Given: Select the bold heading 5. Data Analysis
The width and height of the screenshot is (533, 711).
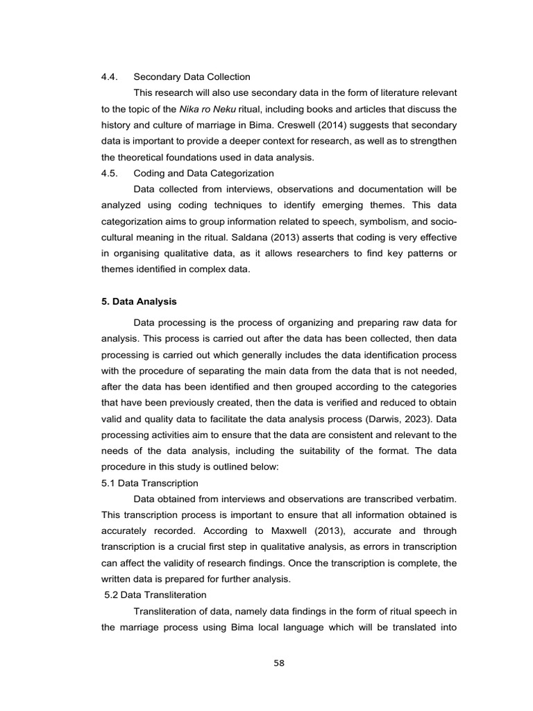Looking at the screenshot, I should tap(139, 301).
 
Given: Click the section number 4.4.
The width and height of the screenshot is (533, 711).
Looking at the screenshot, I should tap(111, 76).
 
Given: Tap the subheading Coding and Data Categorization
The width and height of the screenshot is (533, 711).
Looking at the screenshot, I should tap(203, 173).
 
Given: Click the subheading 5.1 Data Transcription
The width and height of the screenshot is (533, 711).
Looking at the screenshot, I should tap(149, 483).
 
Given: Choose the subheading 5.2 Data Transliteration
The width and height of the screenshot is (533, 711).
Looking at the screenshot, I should tap(155, 594).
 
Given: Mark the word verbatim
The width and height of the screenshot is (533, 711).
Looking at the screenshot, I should tap(434, 499).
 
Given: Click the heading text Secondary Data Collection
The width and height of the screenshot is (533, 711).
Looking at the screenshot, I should tap(192, 76).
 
